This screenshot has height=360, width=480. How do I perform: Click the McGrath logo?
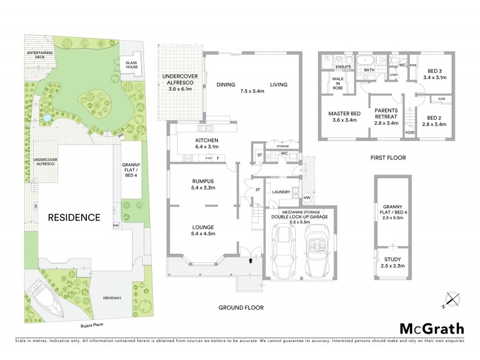point(431,328)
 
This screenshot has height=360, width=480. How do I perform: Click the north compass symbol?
point(453,299)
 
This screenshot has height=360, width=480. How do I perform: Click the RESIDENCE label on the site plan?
point(74,217)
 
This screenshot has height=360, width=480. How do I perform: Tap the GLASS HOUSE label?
point(131,64)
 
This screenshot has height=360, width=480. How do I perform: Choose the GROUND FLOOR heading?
point(241,308)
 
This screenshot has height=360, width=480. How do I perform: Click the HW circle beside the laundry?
point(307,197)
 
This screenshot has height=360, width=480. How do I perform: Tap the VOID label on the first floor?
point(410,133)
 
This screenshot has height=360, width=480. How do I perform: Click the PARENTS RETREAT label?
point(386,114)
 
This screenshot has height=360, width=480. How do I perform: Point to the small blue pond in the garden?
point(46,118)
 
